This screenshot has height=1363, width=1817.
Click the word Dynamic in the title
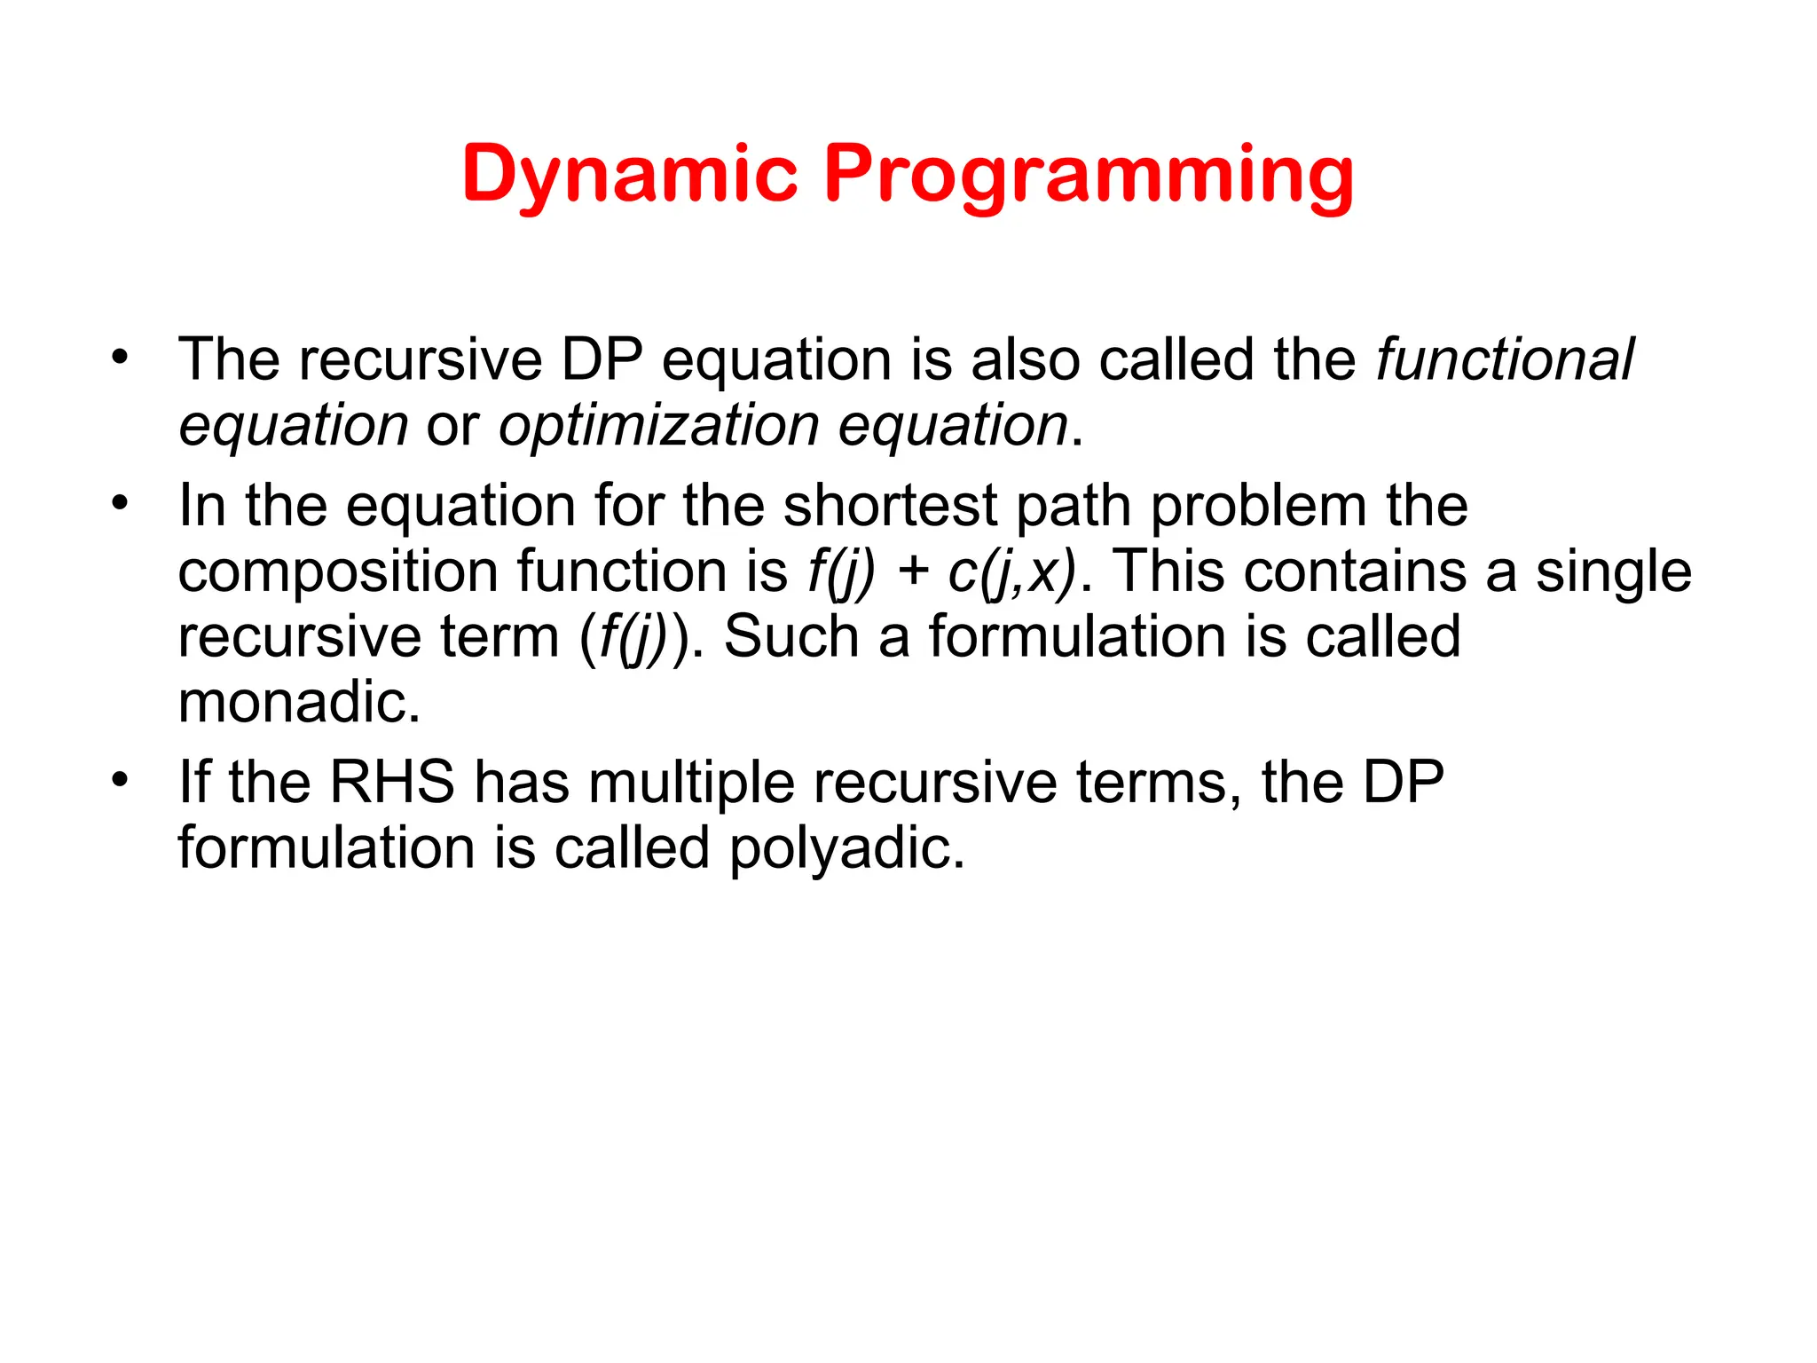point(629,175)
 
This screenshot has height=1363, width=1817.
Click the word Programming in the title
point(1088,175)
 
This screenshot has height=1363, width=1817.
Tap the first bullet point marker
point(119,358)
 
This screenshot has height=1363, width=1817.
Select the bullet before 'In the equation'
point(119,504)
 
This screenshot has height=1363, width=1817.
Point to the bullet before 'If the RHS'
point(119,781)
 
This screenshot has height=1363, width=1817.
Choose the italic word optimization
point(658,425)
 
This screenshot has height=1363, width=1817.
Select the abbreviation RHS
point(391,782)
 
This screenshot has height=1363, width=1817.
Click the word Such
point(791,636)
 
